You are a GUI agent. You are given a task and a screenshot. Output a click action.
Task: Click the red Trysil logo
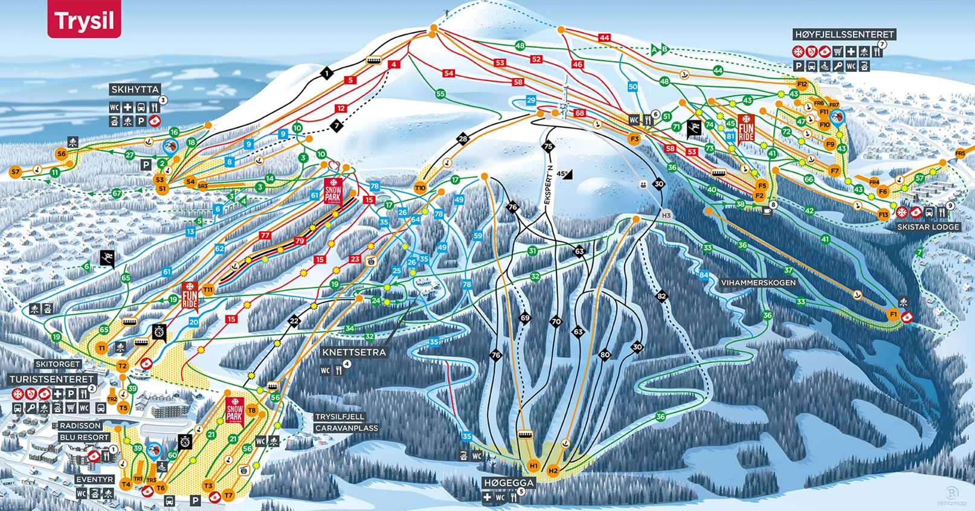tap(84, 20)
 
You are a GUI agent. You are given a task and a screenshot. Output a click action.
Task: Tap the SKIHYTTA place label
tap(135, 89)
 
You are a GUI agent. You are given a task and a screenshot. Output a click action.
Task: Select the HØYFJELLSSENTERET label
tap(844, 34)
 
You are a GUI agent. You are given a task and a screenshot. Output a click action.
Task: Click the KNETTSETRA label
tap(353, 352)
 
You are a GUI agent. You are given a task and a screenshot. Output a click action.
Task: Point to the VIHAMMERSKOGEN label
tap(758, 283)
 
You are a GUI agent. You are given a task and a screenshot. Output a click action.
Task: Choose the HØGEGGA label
tap(509, 483)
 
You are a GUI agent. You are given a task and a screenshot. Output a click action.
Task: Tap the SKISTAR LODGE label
tap(928, 227)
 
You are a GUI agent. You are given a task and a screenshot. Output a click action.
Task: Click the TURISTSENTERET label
tap(52, 379)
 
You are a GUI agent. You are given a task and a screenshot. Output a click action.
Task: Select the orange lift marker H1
tap(533, 466)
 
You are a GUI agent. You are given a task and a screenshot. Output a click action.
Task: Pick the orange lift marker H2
tap(553, 471)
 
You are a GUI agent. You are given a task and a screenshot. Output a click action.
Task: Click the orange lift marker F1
tap(893, 315)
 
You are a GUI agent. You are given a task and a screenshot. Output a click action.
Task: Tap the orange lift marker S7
tap(15, 172)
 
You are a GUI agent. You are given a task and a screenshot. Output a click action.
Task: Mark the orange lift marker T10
tap(420, 188)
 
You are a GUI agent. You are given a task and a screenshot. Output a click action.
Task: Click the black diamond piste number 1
tap(327, 74)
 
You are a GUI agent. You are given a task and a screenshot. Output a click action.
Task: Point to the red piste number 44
tap(604, 37)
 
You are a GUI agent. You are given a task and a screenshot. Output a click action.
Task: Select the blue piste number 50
tap(632, 87)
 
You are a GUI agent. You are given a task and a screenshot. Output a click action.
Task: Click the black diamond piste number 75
tap(548, 146)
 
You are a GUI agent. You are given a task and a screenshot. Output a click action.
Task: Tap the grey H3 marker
tap(666, 216)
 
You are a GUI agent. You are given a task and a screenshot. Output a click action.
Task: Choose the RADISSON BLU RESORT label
tap(84, 431)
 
